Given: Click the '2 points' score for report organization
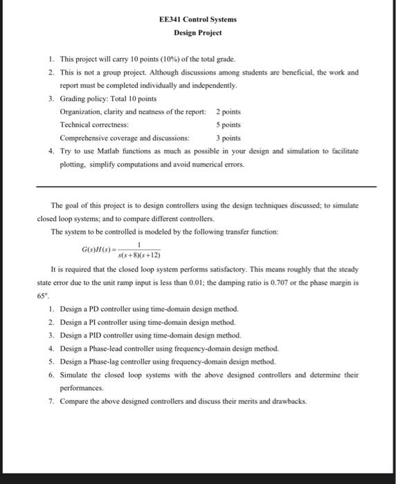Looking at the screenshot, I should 228,111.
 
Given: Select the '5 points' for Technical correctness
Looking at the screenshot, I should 228,124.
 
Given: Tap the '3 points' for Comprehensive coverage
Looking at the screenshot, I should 228,138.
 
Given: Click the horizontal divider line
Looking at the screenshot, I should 206,187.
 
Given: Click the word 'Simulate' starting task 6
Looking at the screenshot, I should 73,375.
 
